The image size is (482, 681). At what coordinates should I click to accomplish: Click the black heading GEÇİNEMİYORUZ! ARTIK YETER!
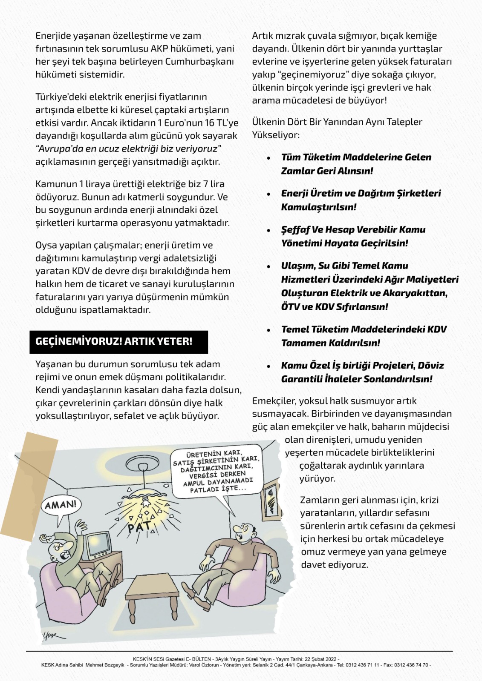pyautogui.click(x=114, y=341)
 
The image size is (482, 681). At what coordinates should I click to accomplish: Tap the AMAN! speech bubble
pyautogui.click(x=61, y=506)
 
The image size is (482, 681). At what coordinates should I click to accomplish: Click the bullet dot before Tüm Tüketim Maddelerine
pyautogui.click(x=268, y=158)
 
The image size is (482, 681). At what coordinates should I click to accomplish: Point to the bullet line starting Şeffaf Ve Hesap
pyautogui.click(x=353, y=230)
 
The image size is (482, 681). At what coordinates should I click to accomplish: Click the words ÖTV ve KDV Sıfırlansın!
pyautogui.click(x=335, y=307)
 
